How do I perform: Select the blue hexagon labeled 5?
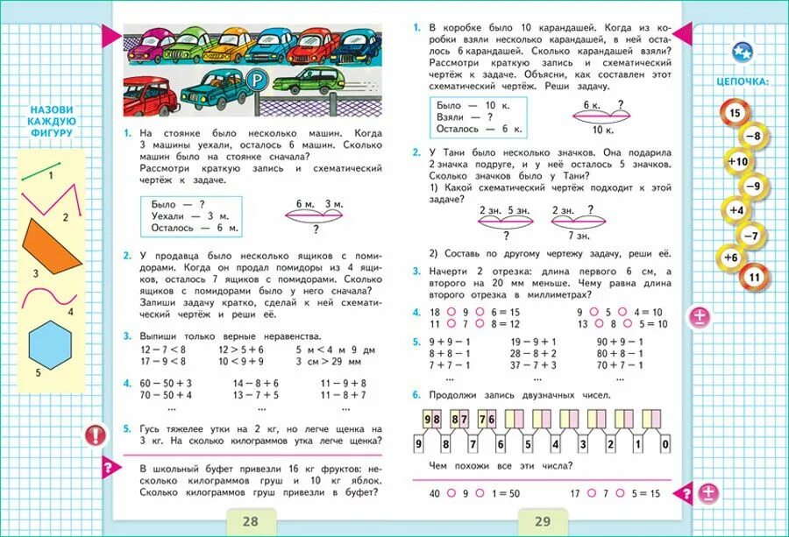tap(52, 343)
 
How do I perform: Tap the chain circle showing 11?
tap(753, 279)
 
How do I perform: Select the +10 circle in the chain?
tap(736, 161)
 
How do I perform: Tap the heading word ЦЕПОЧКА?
tap(743, 81)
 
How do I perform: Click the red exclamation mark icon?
tap(94, 435)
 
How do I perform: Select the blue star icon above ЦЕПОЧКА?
tap(742, 52)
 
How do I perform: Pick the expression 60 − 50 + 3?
tap(166, 383)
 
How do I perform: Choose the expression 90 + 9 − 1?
tap(620, 342)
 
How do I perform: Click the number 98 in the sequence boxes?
tap(433, 420)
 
